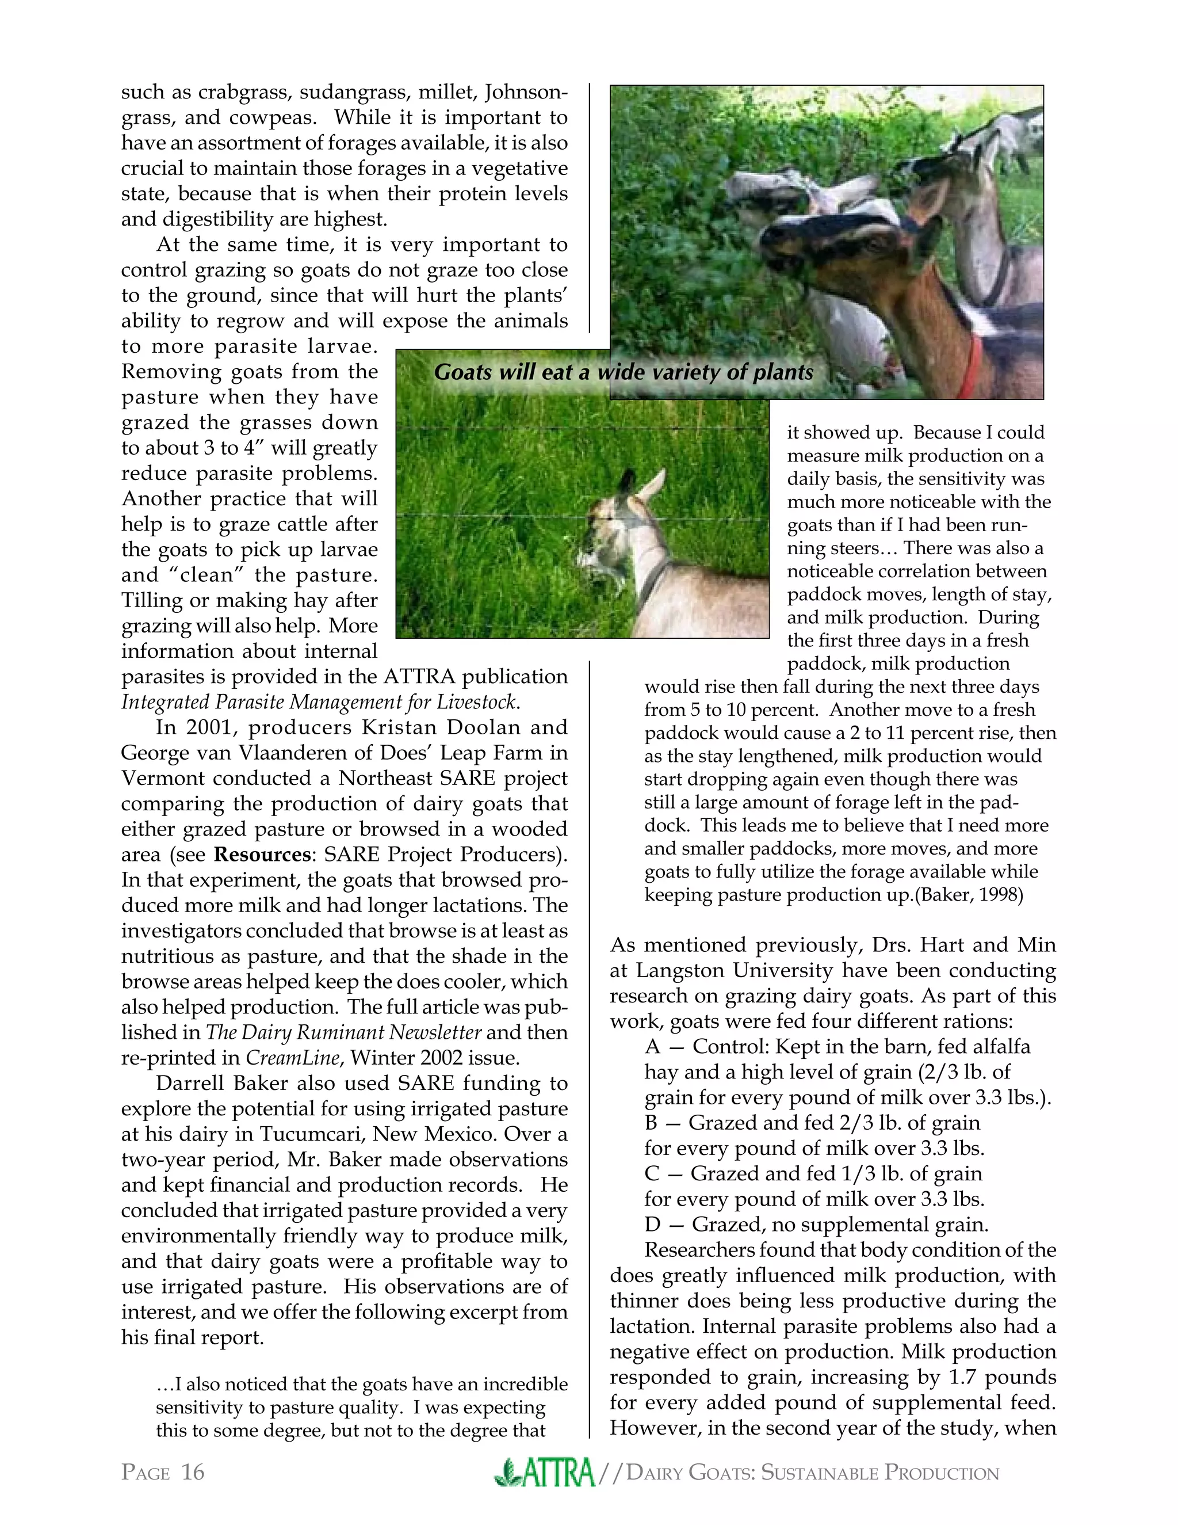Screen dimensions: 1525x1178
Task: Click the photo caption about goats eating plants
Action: point(623,372)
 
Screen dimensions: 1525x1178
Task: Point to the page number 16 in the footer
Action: point(192,1473)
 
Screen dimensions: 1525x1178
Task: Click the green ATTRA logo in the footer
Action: point(544,1473)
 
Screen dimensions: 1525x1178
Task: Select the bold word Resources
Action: point(262,855)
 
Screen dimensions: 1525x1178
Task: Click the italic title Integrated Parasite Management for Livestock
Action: point(319,701)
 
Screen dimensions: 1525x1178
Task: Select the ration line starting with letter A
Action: point(837,1047)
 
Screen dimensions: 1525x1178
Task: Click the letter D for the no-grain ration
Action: point(652,1225)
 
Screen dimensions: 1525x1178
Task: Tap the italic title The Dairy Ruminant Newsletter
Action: point(343,1033)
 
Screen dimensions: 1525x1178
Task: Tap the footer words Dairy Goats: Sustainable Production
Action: point(812,1473)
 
